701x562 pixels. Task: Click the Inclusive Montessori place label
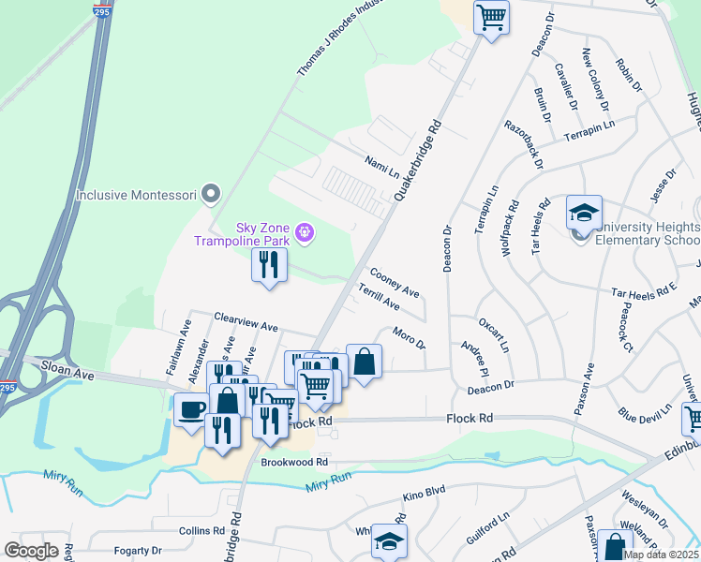pos(136,196)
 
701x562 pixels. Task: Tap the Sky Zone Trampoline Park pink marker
pos(304,231)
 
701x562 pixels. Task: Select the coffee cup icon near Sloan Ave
pos(192,410)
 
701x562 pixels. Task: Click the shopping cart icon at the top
pos(491,17)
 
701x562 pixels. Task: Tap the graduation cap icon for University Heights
pos(584,214)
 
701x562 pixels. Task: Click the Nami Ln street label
pos(382,169)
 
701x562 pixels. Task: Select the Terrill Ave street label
pos(379,299)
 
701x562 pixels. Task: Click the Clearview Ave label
pos(246,321)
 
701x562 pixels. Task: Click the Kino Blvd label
pos(424,492)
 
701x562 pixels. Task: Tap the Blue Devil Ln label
pos(646,411)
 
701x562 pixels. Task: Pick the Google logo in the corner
pos(31,550)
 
